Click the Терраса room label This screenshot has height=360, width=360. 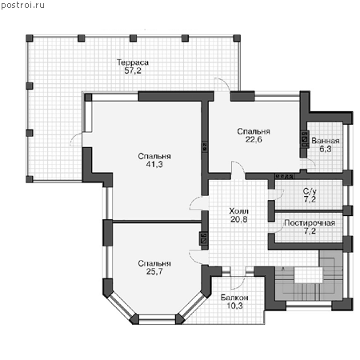133,62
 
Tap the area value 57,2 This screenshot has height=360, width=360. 133,71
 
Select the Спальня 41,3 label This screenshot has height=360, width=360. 154,160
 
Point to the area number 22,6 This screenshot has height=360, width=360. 254,139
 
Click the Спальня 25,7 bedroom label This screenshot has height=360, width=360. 154,267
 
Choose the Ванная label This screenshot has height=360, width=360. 326,141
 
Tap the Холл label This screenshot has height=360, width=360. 239,211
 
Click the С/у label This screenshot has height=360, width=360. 310,191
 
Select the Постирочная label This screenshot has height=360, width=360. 310,223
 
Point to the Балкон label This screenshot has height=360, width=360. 234,298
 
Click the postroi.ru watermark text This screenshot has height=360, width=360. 22,6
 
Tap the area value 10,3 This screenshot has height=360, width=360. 234,306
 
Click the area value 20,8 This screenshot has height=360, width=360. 239,219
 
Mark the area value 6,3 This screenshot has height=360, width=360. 326,149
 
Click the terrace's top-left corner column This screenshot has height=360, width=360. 30,38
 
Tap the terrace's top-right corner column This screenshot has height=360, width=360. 237,38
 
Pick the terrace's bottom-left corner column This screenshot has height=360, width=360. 30,179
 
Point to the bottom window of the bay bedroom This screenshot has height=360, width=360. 158,319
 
